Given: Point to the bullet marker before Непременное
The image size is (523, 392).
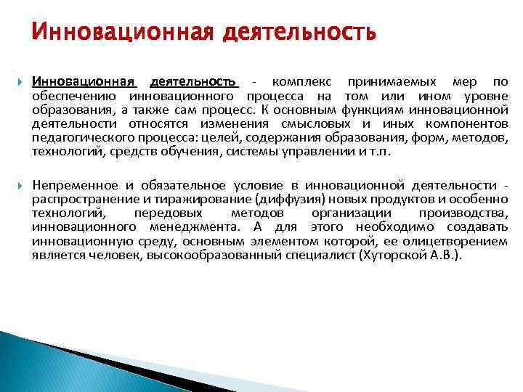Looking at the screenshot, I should click(19, 187).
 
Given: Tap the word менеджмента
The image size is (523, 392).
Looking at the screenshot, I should click(185, 228).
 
